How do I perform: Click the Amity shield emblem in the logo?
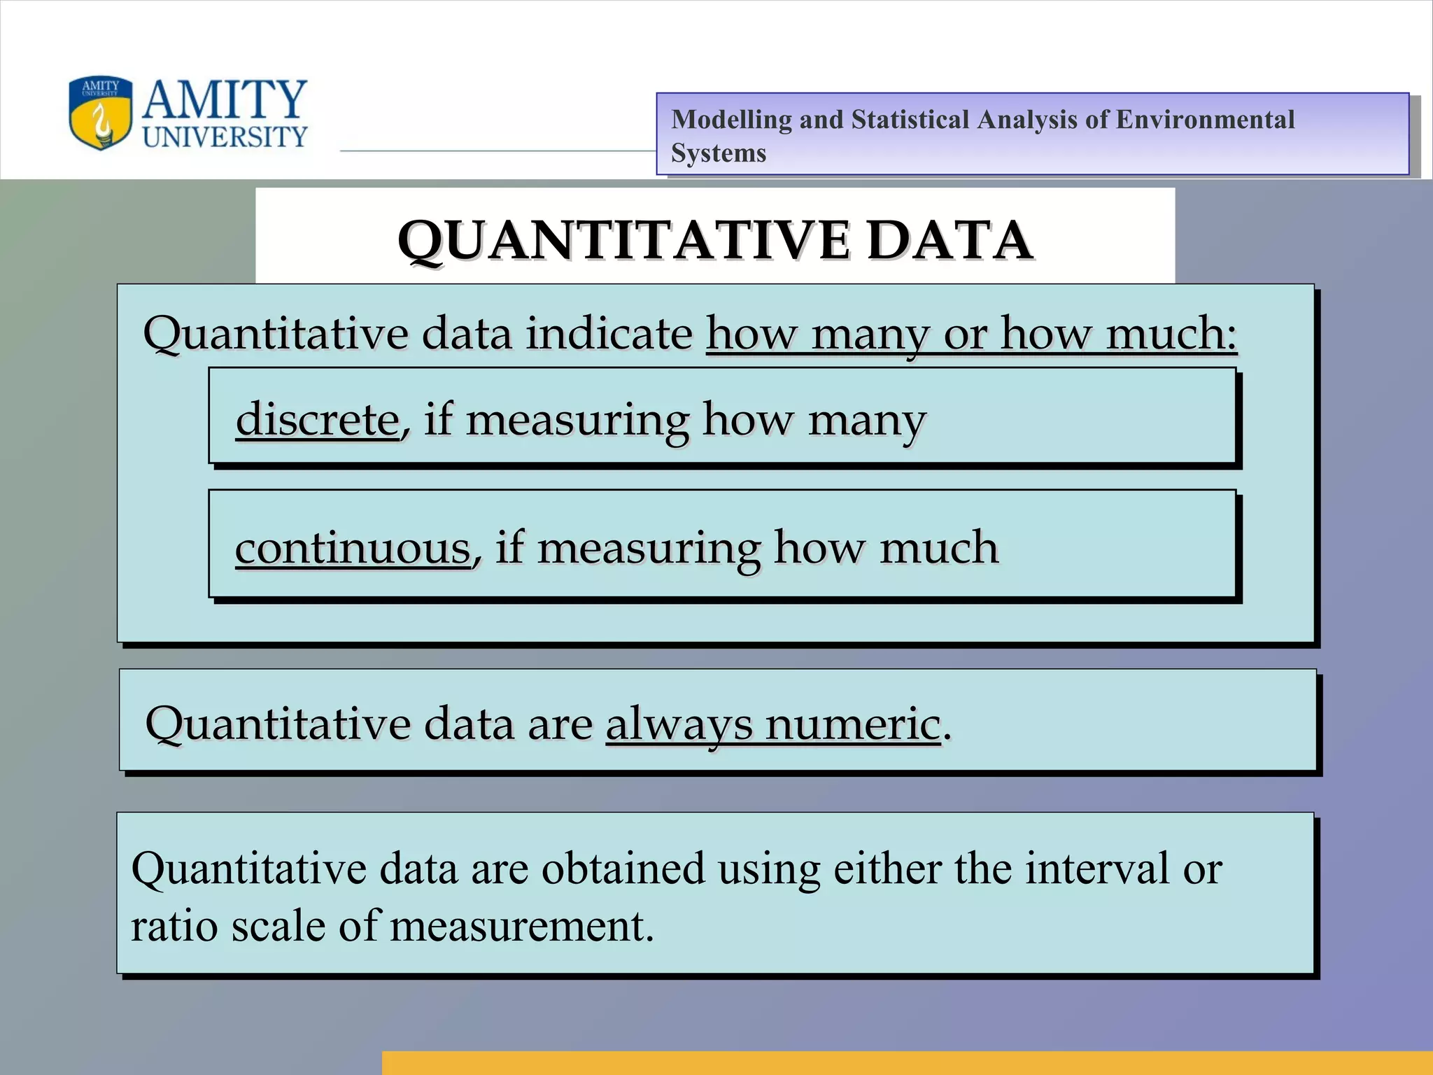(100, 113)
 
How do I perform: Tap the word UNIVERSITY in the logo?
(225, 136)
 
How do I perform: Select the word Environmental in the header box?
(1204, 120)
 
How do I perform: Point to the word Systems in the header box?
(719, 153)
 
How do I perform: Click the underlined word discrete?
(317, 419)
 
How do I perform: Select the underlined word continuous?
(353, 547)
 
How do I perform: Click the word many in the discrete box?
(867, 421)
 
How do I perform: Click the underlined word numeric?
(852, 724)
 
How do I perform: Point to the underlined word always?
(678, 725)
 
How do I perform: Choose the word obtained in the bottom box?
(623, 869)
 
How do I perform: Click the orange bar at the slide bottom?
(907, 1062)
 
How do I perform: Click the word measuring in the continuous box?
(648, 549)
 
